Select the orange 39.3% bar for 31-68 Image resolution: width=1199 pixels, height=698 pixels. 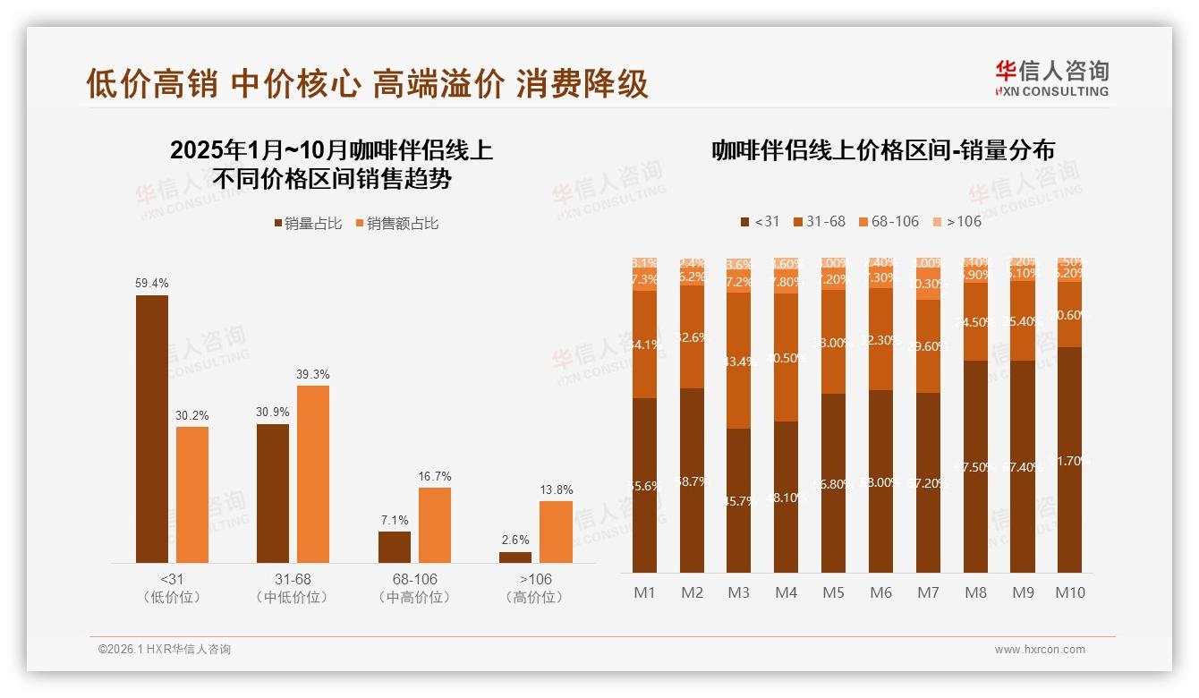313,473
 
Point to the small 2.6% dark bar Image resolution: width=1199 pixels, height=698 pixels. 515,557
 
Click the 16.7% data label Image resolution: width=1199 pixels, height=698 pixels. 435,476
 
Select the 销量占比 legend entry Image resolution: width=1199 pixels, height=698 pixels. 308,224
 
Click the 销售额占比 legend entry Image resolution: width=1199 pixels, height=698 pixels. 397,224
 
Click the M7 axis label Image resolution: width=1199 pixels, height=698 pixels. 928,592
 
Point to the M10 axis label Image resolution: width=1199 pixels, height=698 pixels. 1069,592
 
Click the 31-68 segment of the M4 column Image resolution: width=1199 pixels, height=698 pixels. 786,357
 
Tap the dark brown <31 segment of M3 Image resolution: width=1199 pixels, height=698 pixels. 738,500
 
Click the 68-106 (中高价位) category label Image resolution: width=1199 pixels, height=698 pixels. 414,588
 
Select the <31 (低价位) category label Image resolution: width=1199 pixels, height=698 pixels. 172,588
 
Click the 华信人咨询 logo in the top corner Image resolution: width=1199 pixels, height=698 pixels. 1051,77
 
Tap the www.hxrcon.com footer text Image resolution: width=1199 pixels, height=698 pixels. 1040,650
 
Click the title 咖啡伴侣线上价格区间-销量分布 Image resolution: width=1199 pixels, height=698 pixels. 883,149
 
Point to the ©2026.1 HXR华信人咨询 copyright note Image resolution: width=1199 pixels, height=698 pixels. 165,650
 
